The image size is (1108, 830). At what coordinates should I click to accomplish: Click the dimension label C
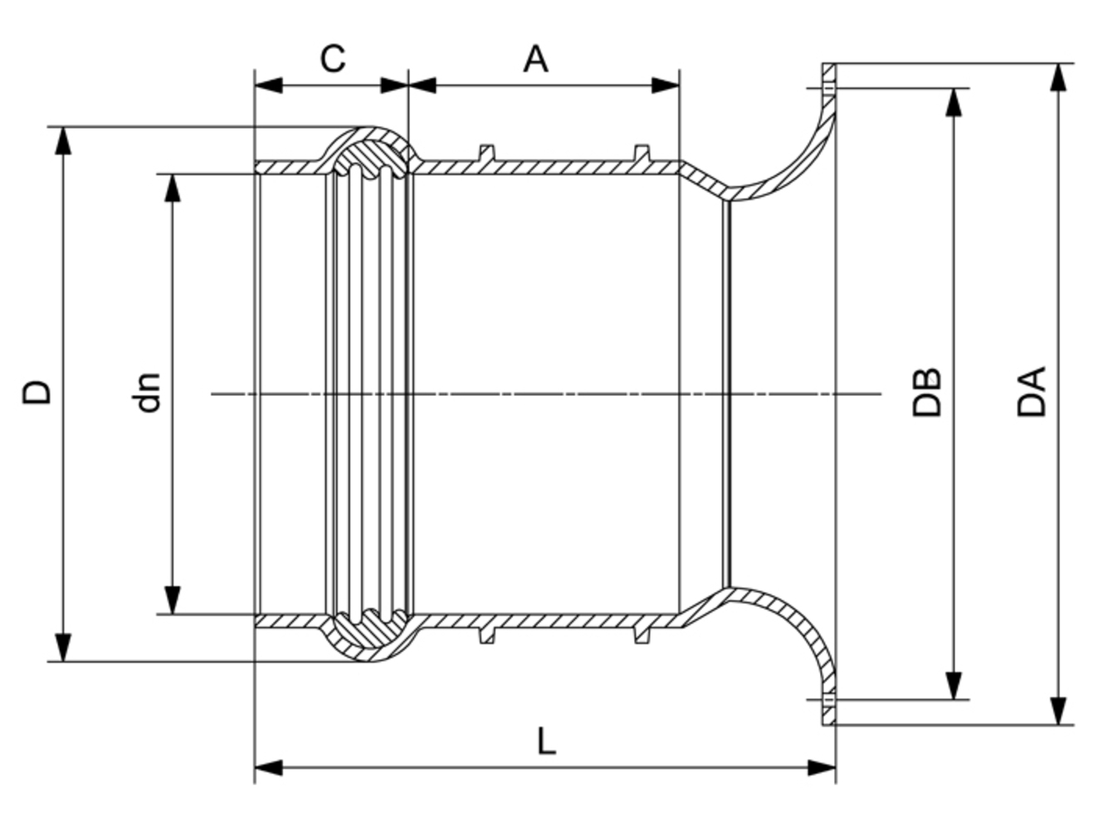[332, 58]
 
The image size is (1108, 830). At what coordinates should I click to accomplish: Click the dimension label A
[535, 58]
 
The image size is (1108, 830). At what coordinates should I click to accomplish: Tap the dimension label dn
[147, 393]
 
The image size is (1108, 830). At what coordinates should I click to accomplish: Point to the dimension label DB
[927, 391]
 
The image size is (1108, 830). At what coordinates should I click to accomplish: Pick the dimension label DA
[1032, 391]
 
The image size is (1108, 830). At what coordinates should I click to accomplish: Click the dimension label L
[545, 740]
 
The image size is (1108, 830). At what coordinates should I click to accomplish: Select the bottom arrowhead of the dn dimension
[172, 600]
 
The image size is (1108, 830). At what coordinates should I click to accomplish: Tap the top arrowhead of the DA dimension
[1057, 77]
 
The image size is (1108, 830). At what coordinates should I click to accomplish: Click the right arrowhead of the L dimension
[822, 767]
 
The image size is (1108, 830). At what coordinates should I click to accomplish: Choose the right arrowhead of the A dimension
[666, 85]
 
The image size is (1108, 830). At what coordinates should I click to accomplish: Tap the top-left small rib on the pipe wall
[487, 153]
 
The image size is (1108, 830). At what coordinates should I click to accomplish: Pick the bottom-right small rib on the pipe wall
[641, 635]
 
